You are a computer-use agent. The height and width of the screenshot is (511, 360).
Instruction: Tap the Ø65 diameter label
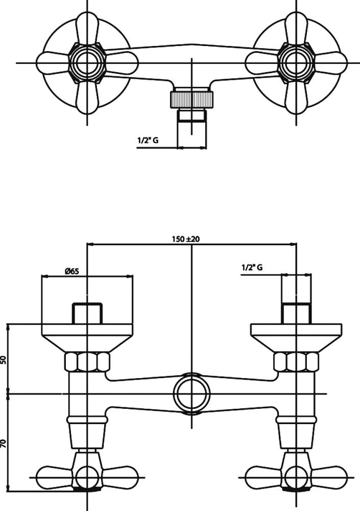pyautogui.click(x=72, y=271)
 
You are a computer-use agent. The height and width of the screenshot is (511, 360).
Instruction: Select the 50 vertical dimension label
pyautogui.click(x=4, y=359)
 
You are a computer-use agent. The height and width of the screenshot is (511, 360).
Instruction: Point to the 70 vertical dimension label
pyautogui.click(x=4, y=443)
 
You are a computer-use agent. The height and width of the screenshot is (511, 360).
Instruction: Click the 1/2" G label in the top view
pyautogui.click(x=148, y=141)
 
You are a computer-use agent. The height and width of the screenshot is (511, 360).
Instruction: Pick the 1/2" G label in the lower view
pyautogui.click(x=252, y=267)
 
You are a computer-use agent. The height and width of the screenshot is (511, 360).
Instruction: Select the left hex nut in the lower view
pyautogui.click(x=87, y=362)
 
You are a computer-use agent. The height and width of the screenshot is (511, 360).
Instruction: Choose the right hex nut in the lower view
pyautogui.click(x=296, y=362)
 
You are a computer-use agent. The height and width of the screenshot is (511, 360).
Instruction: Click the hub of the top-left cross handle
pyautogui.click(x=87, y=63)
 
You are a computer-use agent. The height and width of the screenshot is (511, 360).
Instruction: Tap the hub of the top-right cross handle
pyautogui.click(x=296, y=63)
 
